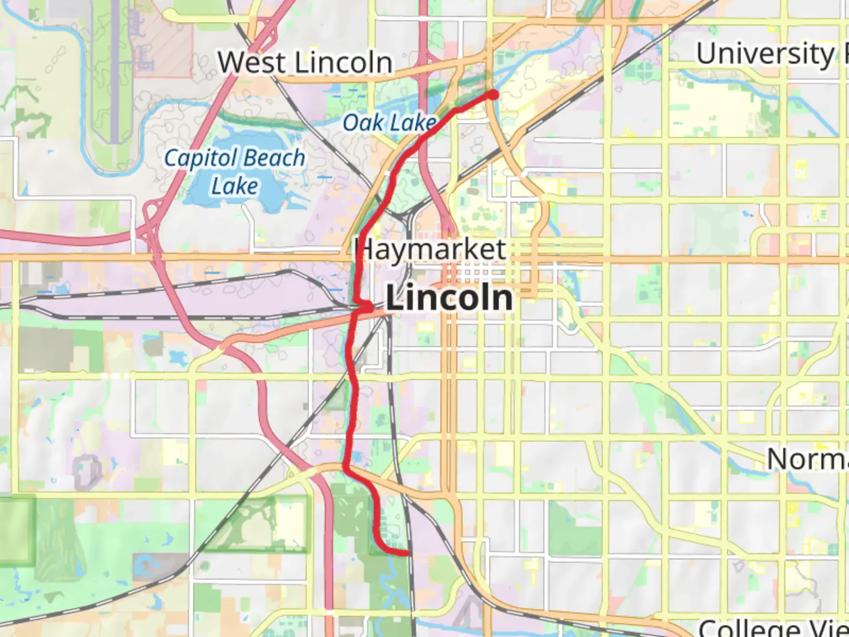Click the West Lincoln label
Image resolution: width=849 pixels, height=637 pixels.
point(305,63)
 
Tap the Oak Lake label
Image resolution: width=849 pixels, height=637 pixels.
point(390,123)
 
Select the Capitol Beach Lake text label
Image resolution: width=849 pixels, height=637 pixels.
point(235,172)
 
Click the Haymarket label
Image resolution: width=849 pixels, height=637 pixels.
point(430,249)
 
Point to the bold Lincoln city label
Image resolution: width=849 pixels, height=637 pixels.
point(449,298)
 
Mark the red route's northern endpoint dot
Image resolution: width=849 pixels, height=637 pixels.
point(493,94)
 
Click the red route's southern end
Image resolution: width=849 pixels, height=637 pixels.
point(407,553)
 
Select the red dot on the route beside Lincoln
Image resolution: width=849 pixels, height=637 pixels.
point(366,307)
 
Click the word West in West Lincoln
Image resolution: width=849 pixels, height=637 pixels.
point(252,63)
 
